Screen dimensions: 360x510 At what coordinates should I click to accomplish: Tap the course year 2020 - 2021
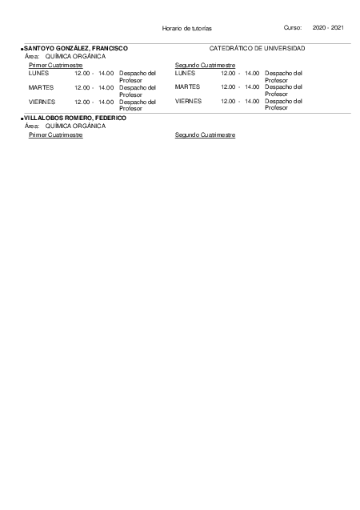click(328, 28)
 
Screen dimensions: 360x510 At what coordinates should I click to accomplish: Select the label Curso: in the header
click(292, 28)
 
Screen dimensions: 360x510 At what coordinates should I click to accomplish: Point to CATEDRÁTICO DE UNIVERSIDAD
click(257, 49)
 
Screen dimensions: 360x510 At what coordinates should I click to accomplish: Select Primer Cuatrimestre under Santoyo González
click(55, 65)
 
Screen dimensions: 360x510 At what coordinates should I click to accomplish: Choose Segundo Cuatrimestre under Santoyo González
click(205, 65)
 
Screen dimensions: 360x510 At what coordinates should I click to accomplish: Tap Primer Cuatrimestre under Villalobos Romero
click(55, 135)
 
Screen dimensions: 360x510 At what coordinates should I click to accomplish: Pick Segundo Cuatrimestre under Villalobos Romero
click(205, 135)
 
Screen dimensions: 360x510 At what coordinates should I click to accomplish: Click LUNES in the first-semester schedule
click(38, 73)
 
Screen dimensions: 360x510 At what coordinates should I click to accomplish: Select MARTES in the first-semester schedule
click(41, 86)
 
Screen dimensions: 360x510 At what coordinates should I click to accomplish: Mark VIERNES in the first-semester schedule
click(42, 102)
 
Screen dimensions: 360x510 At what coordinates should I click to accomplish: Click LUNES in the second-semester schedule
click(185, 73)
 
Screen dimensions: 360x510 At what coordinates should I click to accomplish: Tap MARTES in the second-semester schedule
click(187, 86)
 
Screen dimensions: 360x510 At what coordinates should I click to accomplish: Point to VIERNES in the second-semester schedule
click(188, 102)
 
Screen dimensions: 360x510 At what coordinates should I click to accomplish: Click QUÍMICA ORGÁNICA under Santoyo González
click(75, 57)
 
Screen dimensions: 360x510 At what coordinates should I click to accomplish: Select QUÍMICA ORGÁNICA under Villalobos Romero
click(75, 126)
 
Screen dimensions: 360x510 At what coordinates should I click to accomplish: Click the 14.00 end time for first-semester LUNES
click(106, 73)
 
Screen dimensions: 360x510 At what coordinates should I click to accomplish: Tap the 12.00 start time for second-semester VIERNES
click(228, 102)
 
